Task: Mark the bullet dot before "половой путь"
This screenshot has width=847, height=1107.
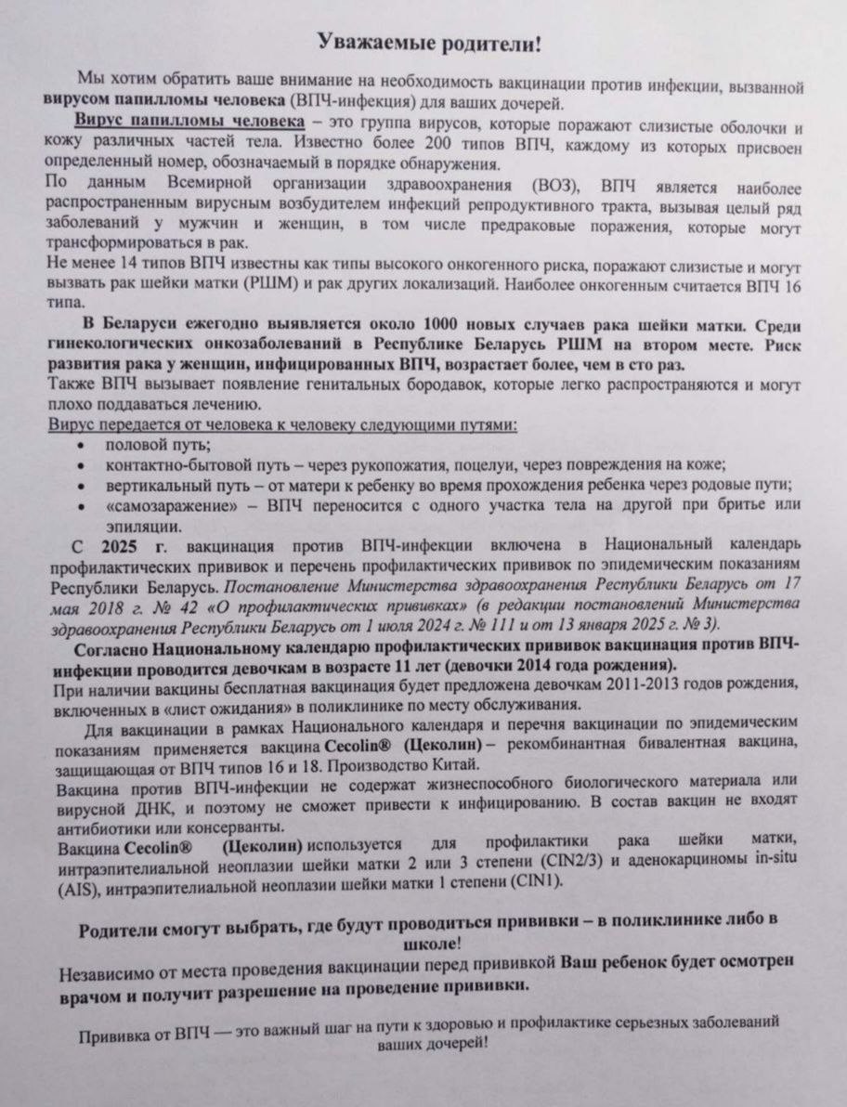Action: (85, 447)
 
